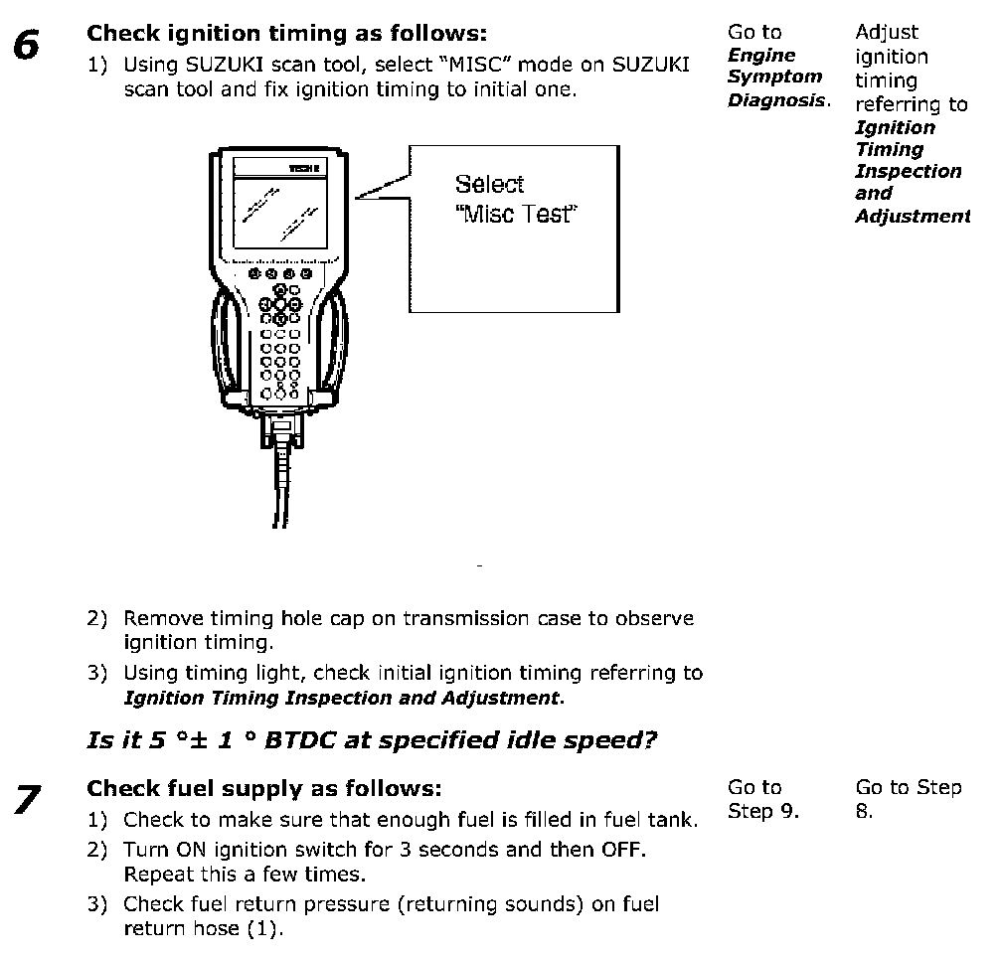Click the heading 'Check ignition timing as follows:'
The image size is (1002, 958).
287,33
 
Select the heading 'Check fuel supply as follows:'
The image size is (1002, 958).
263,788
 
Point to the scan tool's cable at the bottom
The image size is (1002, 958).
281,487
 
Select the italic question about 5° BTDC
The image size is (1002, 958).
372,740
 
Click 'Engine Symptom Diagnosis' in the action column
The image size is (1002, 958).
776,78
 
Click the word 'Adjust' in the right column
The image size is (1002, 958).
887,33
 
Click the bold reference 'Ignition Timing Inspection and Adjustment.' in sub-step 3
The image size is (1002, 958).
343,698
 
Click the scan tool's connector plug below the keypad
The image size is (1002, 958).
280,429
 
